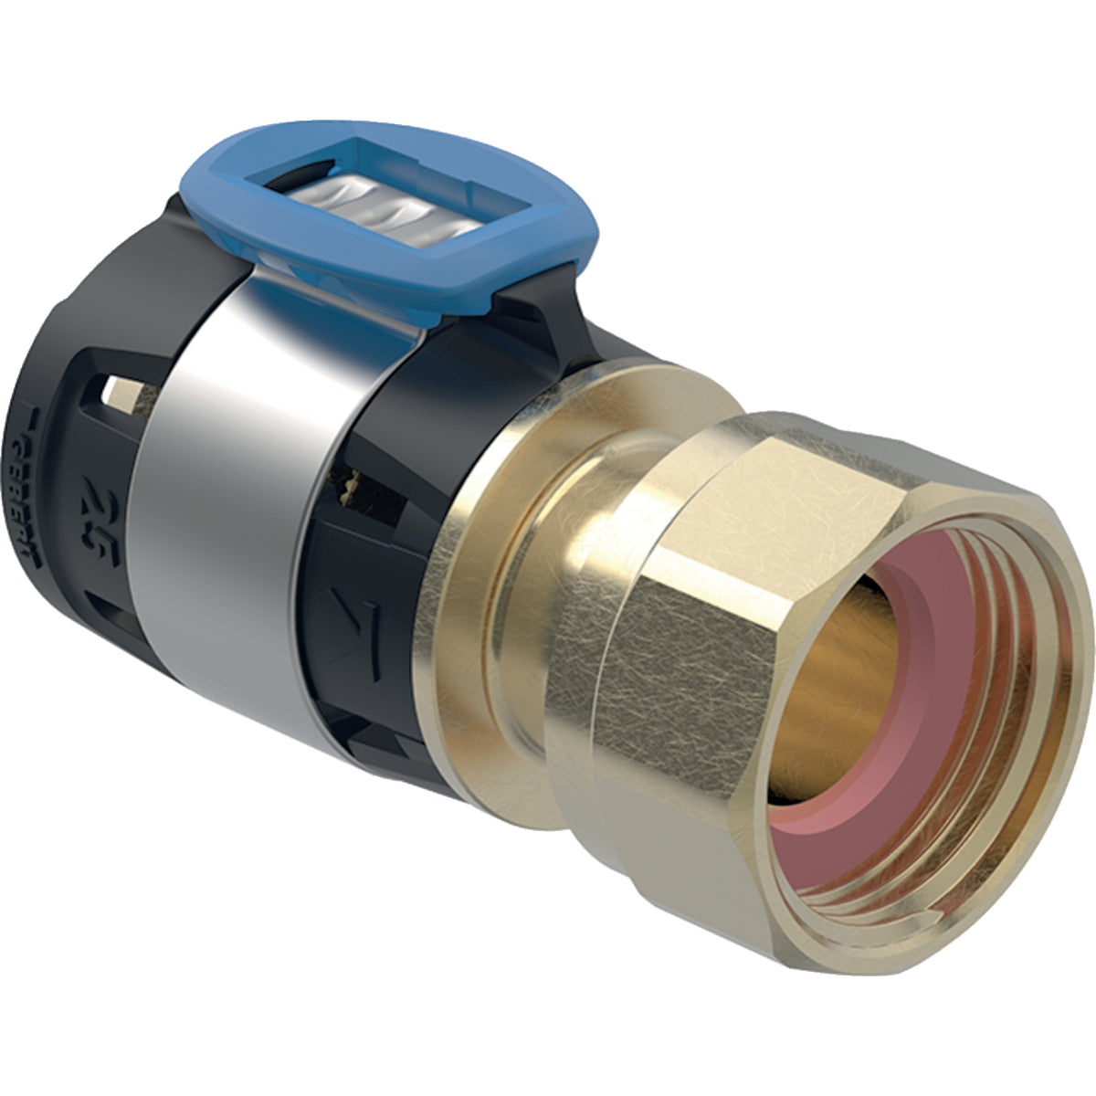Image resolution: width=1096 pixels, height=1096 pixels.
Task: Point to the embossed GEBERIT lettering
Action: coord(32,475)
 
